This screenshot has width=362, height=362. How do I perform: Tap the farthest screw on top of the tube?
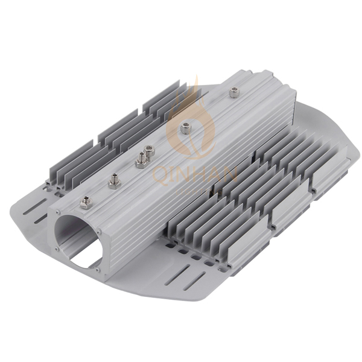(x=233, y=92)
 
